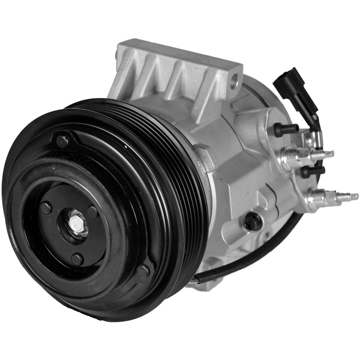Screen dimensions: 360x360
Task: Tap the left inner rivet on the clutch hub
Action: tap(46, 208)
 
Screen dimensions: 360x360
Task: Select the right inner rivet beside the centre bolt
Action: tap(93, 212)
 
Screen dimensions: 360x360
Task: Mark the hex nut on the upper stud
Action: tap(293, 158)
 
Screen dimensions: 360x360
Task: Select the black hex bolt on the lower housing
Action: tap(253, 221)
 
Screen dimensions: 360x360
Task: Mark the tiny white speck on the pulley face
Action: tap(126, 147)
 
